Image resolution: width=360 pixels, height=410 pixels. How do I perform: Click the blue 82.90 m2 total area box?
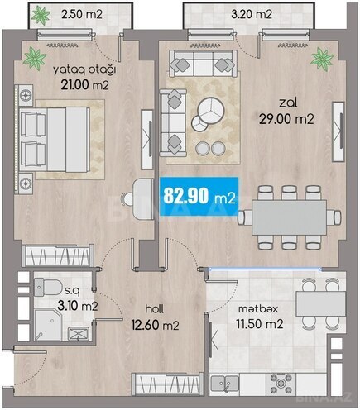[x=199, y=197]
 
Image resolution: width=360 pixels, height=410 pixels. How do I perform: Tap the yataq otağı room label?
[x=84, y=70]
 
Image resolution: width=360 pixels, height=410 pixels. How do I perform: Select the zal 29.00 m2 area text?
[x=286, y=119]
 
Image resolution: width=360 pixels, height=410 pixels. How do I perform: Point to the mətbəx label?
[x=258, y=309]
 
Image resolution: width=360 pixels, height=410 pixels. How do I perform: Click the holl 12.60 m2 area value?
[x=156, y=325]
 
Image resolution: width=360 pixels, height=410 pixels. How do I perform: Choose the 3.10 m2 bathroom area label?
[x=78, y=306]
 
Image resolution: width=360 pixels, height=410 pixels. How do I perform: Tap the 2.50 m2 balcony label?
[x=82, y=14]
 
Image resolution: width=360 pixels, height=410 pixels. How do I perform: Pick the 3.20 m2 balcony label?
[x=252, y=14]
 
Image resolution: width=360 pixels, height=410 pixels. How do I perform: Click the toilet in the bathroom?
[x=48, y=287]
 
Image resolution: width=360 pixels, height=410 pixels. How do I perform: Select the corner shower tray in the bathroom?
[x=48, y=325]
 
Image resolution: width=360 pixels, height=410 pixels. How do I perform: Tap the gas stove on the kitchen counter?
[x=281, y=383]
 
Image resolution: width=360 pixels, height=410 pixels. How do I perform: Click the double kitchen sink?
[x=225, y=384]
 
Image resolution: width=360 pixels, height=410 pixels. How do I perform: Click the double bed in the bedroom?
[x=55, y=139]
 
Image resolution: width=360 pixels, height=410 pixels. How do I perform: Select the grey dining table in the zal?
[x=290, y=217]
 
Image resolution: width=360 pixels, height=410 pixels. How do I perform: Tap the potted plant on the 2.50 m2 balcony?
[x=41, y=15]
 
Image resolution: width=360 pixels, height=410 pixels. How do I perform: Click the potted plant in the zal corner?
[x=323, y=60]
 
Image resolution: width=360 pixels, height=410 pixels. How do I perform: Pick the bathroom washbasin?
[x=79, y=334]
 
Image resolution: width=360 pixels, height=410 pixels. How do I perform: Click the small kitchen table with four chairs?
[x=321, y=303]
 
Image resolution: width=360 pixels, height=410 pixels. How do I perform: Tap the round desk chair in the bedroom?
[x=128, y=198]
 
